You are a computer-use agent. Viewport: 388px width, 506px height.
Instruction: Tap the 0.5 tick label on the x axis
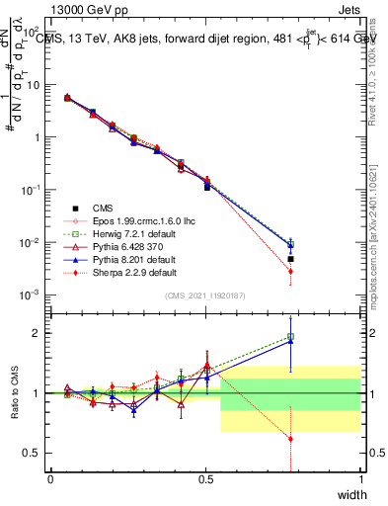(205, 479)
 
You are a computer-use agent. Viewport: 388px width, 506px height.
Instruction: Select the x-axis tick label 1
(360, 479)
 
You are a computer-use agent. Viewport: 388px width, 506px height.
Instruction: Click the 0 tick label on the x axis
(51, 479)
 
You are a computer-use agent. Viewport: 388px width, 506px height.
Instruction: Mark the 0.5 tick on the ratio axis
(36, 453)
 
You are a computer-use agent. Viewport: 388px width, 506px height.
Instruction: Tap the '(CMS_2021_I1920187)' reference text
(205, 294)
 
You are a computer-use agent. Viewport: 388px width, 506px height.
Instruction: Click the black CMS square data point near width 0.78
(290, 259)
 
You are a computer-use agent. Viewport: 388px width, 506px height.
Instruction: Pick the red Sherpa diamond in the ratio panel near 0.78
(290, 439)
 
